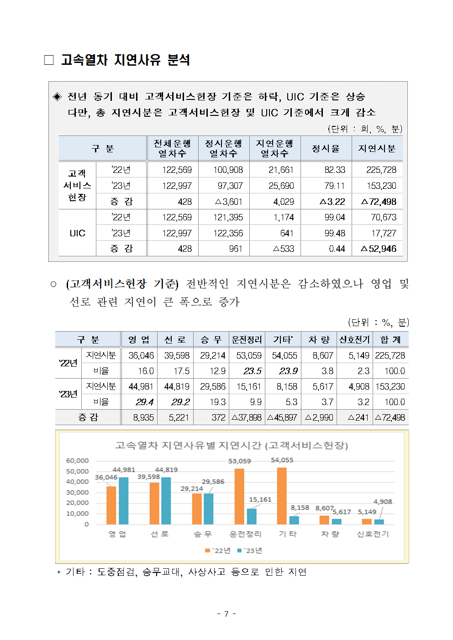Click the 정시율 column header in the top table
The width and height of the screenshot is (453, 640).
tap(326, 148)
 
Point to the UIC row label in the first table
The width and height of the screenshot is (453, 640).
tap(77, 233)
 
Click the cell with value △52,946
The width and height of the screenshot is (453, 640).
tap(379, 249)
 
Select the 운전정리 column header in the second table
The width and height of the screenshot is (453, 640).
tap(247, 339)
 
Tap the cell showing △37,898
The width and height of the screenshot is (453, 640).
tap(247, 417)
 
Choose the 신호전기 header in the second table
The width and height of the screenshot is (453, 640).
tap(354, 339)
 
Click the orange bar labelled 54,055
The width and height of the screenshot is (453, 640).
tap(282, 496)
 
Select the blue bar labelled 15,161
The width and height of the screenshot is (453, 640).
tap(252, 516)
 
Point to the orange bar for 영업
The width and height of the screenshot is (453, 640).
tap(111, 505)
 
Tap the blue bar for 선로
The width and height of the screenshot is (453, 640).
tap(166, 501)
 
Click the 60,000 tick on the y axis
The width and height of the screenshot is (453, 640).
tap(77, 461)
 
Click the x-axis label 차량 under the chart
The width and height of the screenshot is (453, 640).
tap(330, 534)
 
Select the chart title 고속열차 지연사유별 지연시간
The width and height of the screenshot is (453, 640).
tap(231, 445)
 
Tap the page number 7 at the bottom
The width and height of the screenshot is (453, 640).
tap(226, 614)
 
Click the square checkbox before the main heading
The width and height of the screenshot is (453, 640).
tap(49, 60)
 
